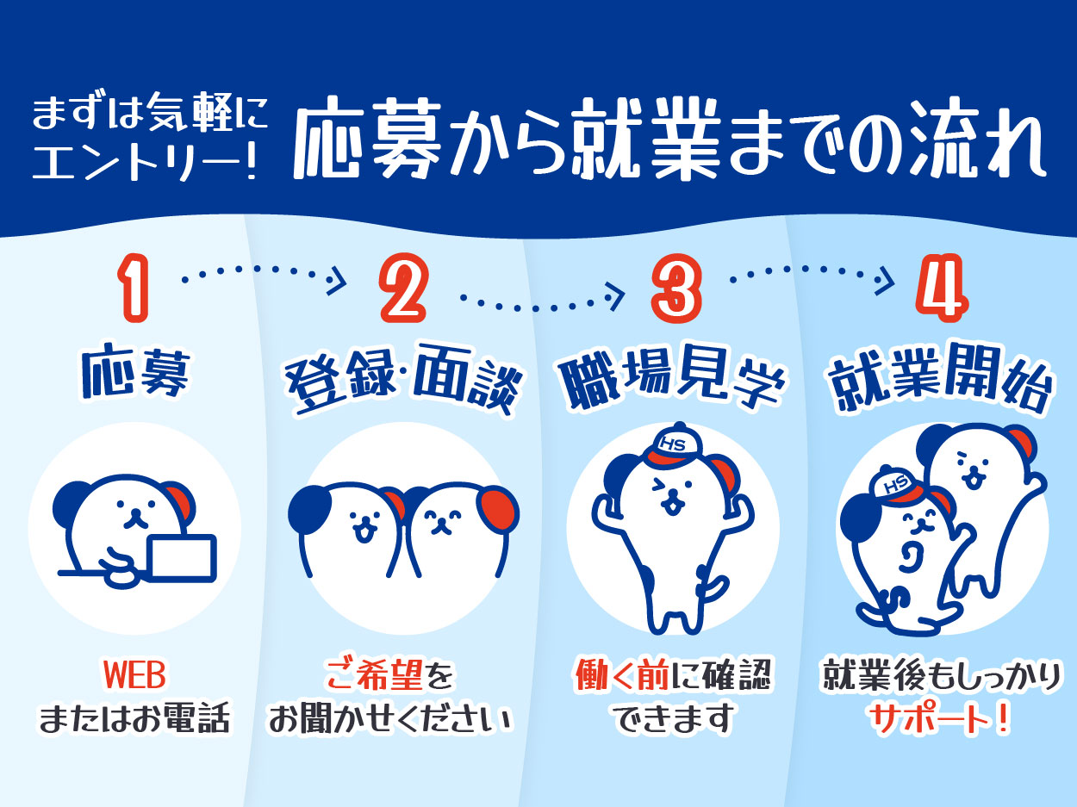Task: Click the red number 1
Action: tap(134, 288)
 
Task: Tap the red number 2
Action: tap(404, 288)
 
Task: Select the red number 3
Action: tap(676, 289)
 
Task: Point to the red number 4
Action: tap(942, 289)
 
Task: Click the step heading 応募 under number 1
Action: tap(134, 374)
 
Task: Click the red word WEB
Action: tap(134, 675)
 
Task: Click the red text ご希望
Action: tap(376, 675)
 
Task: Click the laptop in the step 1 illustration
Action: tap(183, 558)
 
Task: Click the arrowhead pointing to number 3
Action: tap(616, 296)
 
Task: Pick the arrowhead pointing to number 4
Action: tap(885, 281)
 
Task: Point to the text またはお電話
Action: tap(134, 719)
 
